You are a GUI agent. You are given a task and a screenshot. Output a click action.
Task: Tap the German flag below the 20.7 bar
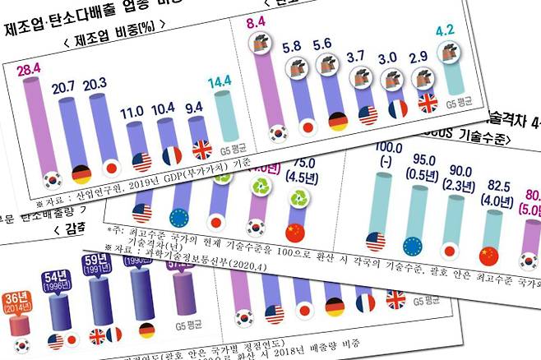point(81,173)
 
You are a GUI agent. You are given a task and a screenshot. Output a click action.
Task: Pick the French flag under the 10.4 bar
point(172,155)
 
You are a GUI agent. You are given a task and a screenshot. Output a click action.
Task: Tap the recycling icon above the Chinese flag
point(296,201)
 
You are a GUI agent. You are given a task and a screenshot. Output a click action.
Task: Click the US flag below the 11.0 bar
point(141,161)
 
